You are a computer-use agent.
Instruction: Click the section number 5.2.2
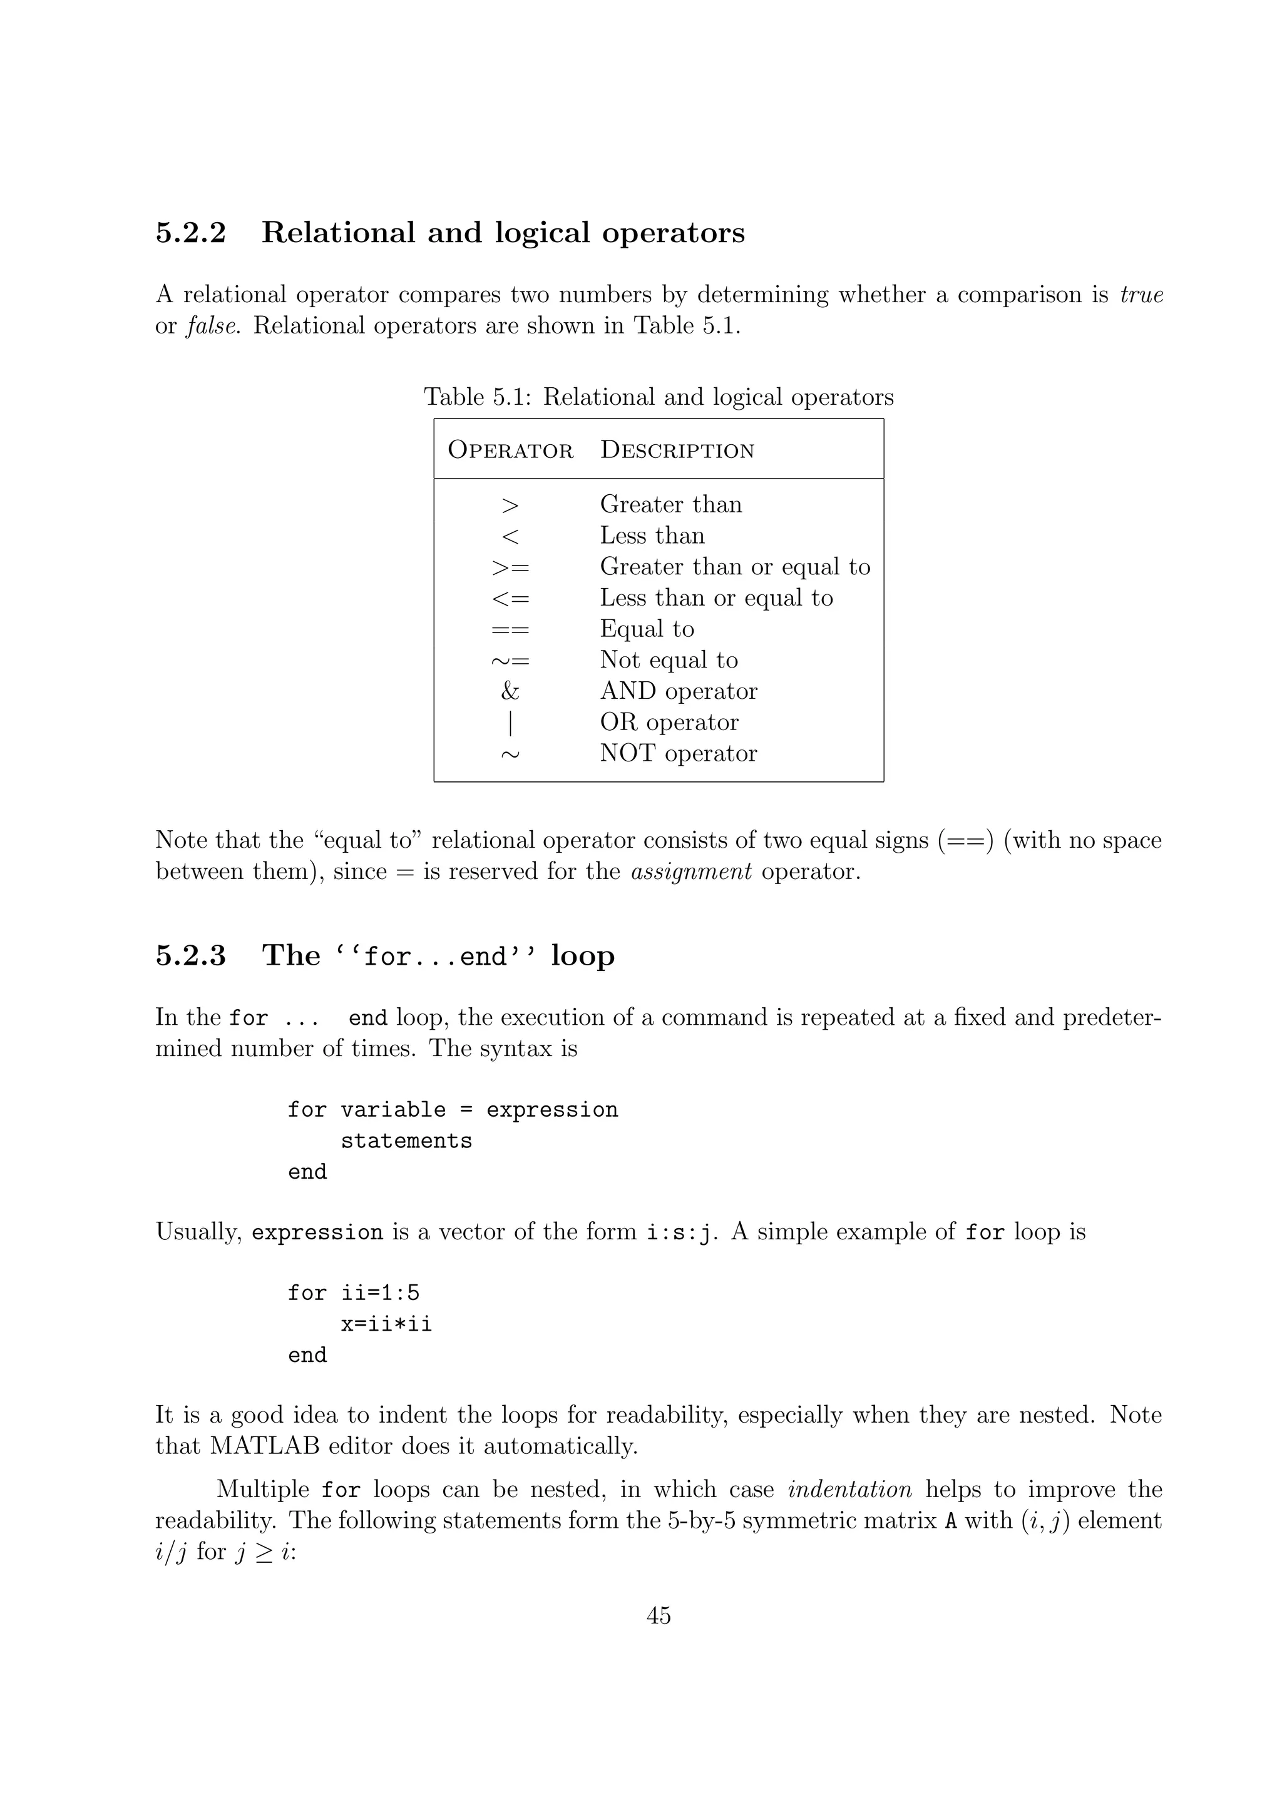(x=190, y=233)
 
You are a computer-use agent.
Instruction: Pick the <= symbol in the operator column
(x=510, y=599)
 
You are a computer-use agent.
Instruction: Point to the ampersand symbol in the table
(x=510, y=692)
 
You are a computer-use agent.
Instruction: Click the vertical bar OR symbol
(x=510, y=723)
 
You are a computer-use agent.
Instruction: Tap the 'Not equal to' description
(x=669, y=660)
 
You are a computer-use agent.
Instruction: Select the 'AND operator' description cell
(x=678, y=692)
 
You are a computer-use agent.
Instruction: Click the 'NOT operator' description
(x=678, y=753)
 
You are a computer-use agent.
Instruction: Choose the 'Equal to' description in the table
(x=646, y=629)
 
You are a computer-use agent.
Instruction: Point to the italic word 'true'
(x=1141, y=295)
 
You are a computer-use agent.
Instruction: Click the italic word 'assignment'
(x=691, y=871)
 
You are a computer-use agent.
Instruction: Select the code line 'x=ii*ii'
(x=386, y=1324)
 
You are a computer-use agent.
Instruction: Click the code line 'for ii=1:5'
(x=353, y=1293)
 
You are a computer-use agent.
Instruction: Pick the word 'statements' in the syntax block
(x=406, y=1141)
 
